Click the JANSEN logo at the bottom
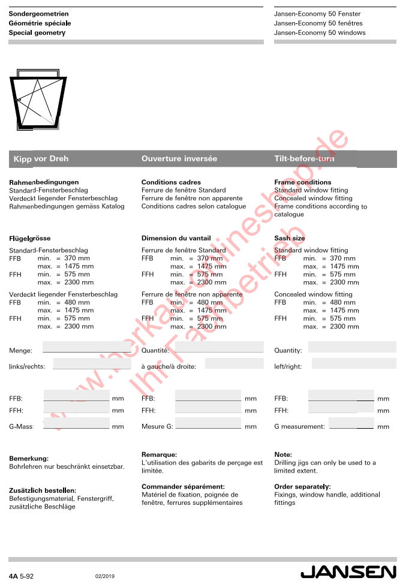[x=348, y=573]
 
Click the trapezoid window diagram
[x=39, y=100]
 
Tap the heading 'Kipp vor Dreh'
[x=41, y=159]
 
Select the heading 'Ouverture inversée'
[x=179, y=159]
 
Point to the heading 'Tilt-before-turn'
[x=304, y=159]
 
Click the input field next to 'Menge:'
[x=86, y=347]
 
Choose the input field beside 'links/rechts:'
[x=92, y=363]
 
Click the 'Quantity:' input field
[x=352, y=347]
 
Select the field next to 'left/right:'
[x=354, y=363]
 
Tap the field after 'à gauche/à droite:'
[x=234, y=363]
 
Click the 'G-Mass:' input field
[x=77, y=423]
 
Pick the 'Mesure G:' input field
[x=208, y=423]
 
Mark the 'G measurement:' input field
[x=351, y=423]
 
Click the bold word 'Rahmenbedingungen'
[x=44, y=182]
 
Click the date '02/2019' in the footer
[x=104, y=576]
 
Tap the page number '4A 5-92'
[x=21, y=576]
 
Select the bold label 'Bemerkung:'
[x=29, y=459]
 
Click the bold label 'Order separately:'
[x=302, y=487]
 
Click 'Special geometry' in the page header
[x=37, y=33]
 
